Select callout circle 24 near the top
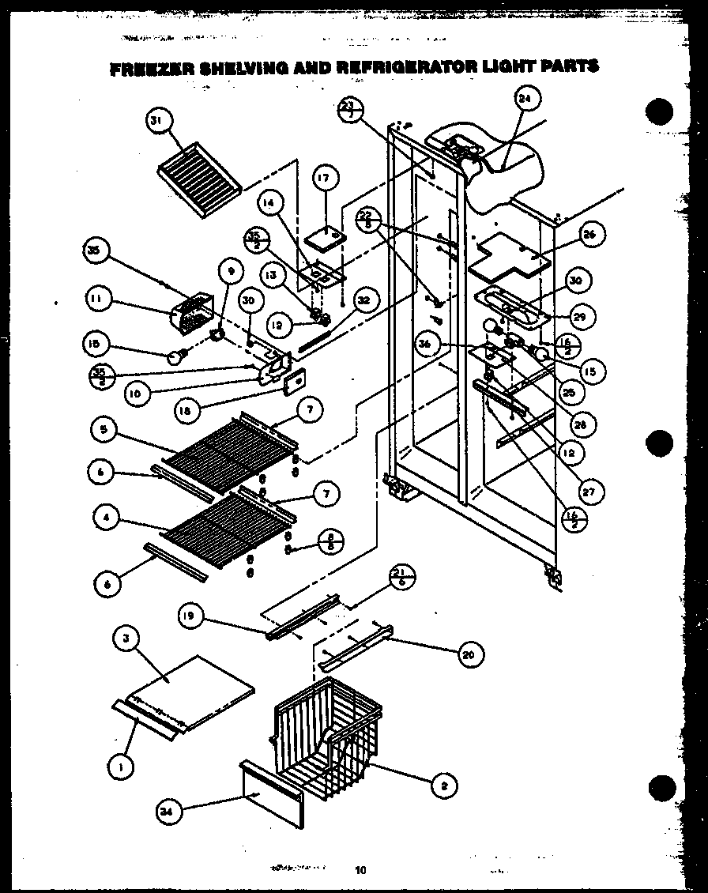524,100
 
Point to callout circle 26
590,234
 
